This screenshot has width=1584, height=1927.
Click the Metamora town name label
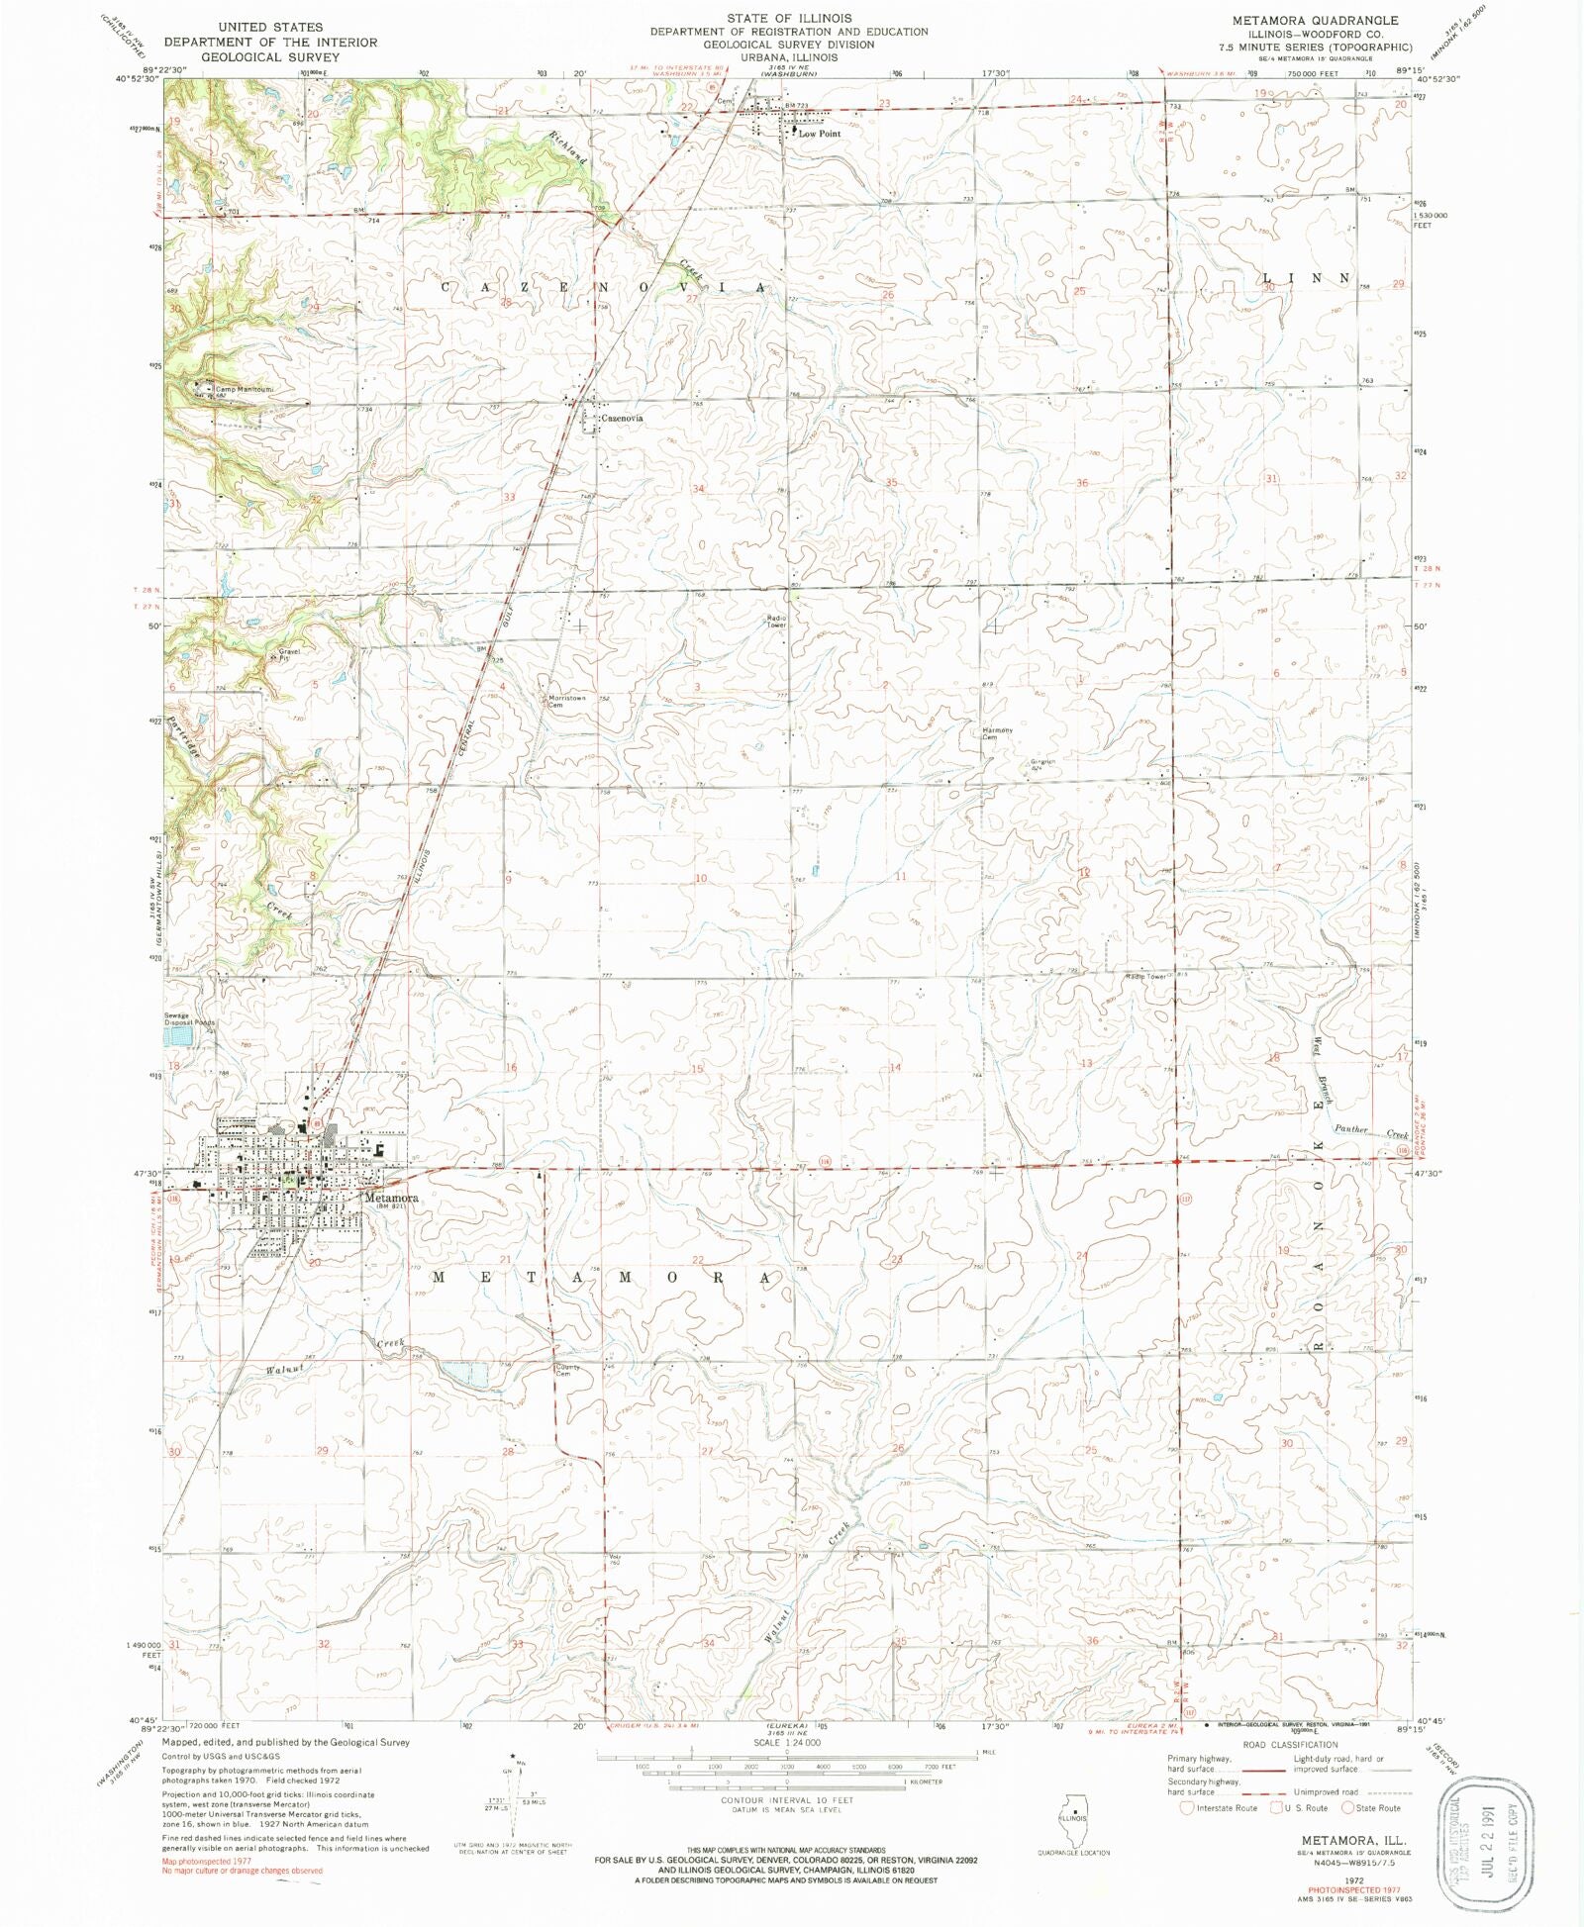pyautogui.click(x=391, y=1198)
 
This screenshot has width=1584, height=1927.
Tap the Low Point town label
pyautogui.click(x=820, y=134)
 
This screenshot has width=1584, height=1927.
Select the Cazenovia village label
pyautogui.click(x=622, y=419)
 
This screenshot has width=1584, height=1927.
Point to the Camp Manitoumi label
pyautogui.click(x=244, y=389)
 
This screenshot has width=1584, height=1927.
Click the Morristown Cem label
pyautogui.click(x=566, y=701)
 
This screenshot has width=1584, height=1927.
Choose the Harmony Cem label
pyautogui.click(x=997, y=733)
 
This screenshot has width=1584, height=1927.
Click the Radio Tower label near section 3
pyautogui.click(x=776, y=622)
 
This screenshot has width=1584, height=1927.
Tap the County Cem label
pyautogui.click(x=567, y=1371)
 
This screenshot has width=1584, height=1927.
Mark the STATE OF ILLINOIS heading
pyautogui.click(x=789, y=18)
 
